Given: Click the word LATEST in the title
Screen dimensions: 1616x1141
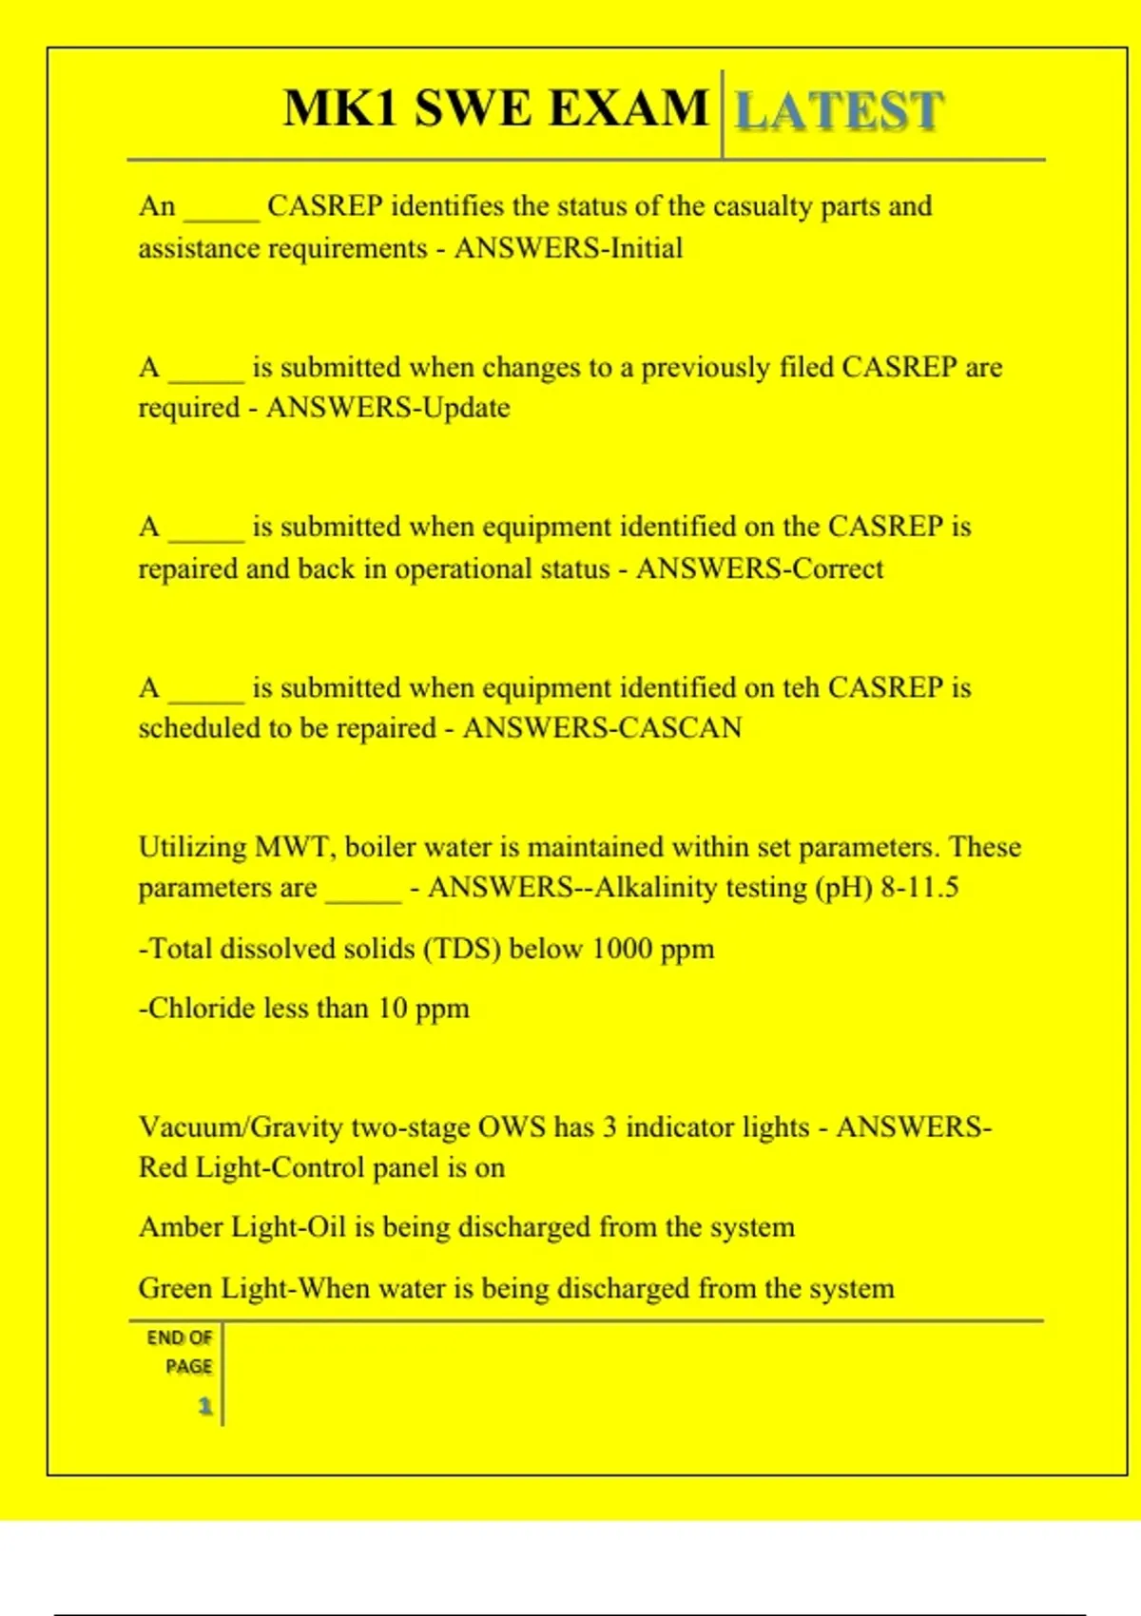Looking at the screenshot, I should [840, 110].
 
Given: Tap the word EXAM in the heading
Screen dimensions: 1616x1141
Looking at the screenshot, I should [629, 107].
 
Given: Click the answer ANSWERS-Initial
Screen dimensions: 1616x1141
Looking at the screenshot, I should [569, 248].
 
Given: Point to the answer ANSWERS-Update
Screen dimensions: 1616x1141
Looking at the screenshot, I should [388, 408].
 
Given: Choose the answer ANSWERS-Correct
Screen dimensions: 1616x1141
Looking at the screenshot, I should [760, 568].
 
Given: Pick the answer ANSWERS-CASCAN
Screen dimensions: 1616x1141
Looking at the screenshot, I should [602, 728].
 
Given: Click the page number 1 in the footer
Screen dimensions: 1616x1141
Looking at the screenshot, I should [204, 1406].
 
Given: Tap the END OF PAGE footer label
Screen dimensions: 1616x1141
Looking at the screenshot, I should [180, 1352].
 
